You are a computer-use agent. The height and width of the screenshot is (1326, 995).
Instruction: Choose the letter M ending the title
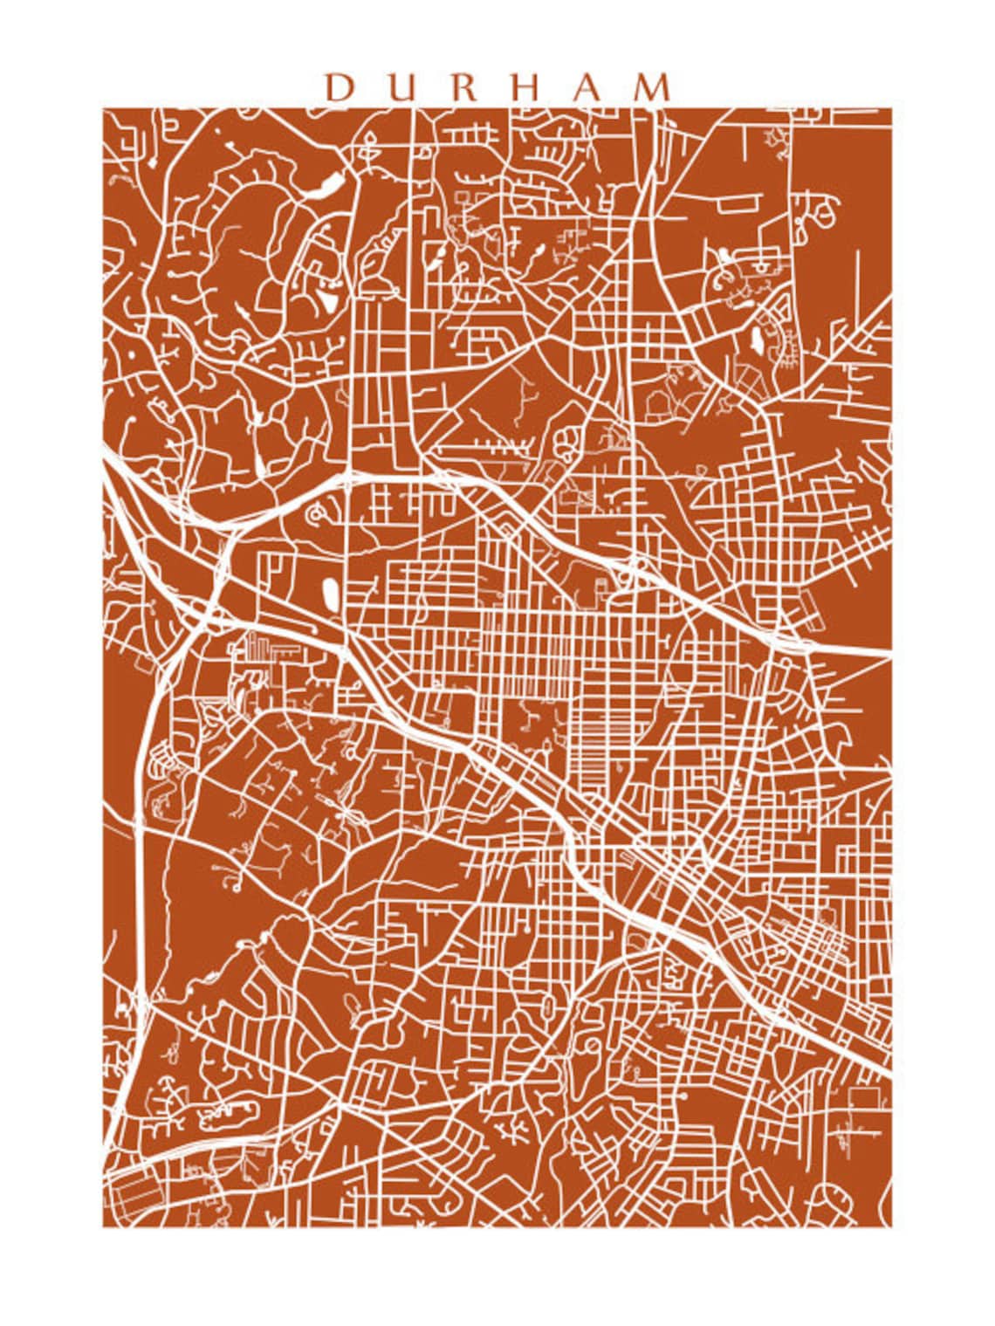(654, 87)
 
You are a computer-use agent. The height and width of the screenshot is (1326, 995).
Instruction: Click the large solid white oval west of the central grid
(332, 595)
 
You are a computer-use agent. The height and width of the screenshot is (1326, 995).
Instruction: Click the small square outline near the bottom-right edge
(865, 1098)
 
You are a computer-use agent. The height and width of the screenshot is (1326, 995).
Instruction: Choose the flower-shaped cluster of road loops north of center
(567, 443)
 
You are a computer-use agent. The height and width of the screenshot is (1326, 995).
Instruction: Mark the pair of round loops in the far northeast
(816, 210)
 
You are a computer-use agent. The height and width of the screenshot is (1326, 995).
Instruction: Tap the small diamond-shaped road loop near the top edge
(370, 141)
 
